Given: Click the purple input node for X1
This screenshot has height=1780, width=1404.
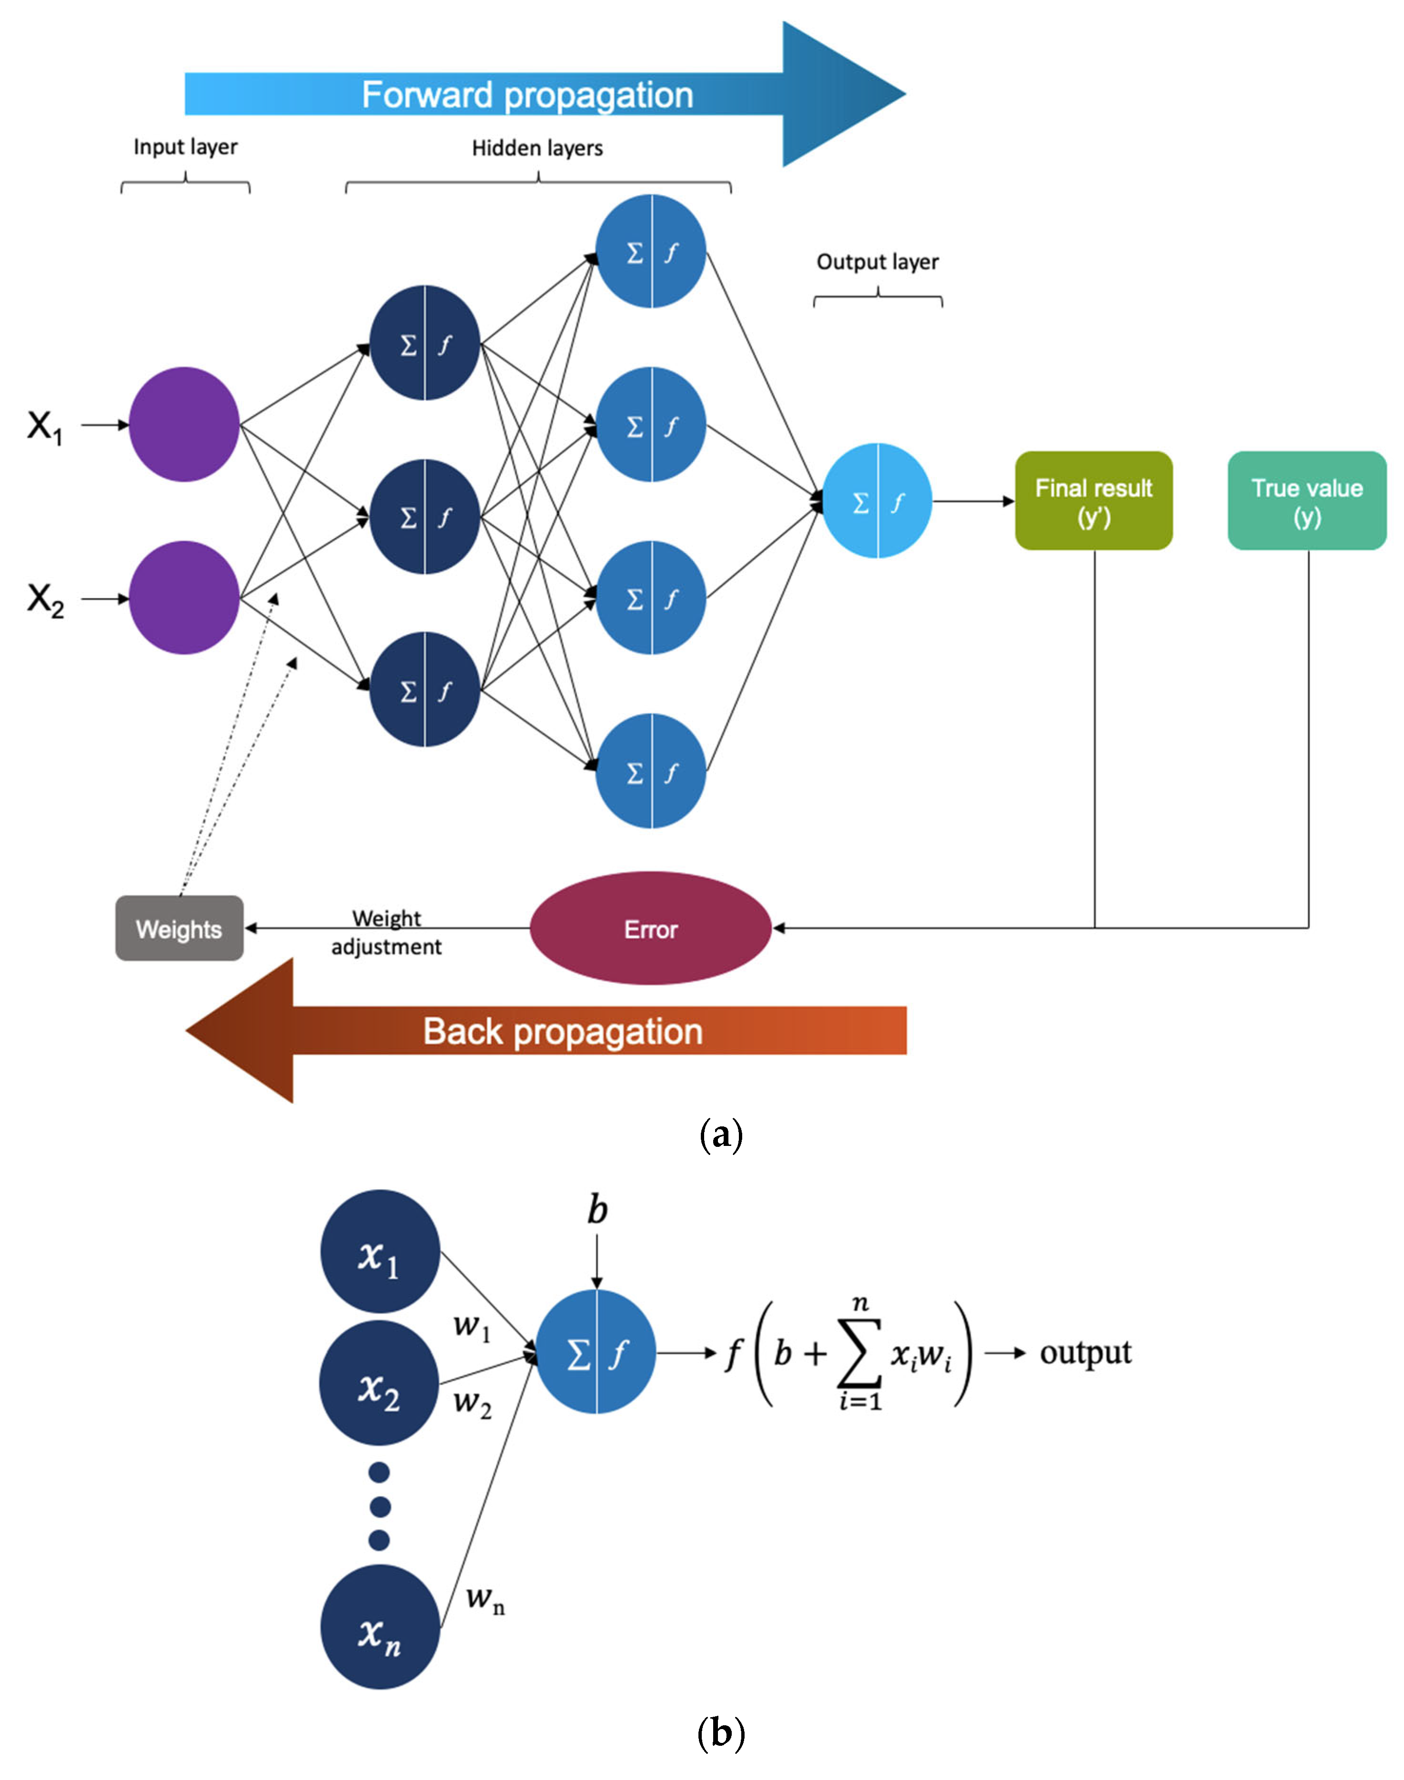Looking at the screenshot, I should tap(184, 424).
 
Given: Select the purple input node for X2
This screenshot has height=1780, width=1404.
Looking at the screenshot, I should tap(184, 597).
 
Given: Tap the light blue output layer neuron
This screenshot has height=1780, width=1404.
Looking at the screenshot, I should tap(877, 500).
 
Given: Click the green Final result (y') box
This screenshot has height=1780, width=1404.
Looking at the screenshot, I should tap(1093, 500).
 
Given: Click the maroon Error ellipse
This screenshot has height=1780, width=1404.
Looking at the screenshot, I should tap(650, 929).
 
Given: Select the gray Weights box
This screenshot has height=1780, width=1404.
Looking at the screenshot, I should tap(179, 929).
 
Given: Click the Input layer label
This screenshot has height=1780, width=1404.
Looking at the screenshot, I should tap(186, 147).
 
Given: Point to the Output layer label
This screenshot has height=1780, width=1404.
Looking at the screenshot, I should tap(877, 262).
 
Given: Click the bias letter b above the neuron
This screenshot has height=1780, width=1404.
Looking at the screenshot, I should tap(598, 1211).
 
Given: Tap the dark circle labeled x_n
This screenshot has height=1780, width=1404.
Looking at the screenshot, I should tap(380, 1627).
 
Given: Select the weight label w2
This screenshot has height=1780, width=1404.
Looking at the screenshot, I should tap(472, 1402).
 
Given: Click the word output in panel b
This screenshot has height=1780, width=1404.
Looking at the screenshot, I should tap(1085, 1353).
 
